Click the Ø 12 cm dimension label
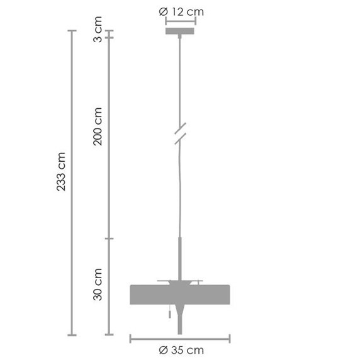pyautogui.click(x=181, y=11)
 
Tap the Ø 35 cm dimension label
pyautogui.click(x=181, y=350)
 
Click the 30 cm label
pyautogui.click(x=98, y=284)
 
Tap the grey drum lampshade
pyautogui.click(x=180, y=293)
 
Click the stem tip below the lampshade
pyautogui.click(x=181, y=324)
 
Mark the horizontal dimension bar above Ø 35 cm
pyautogui.click(x=180, y=339)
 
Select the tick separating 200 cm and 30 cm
pyautogui.click(x=110, y=239)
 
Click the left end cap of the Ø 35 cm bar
pyautogui.click(x=130, y=339)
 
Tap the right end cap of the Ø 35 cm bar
pyautogui.click(x=230, y=339)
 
